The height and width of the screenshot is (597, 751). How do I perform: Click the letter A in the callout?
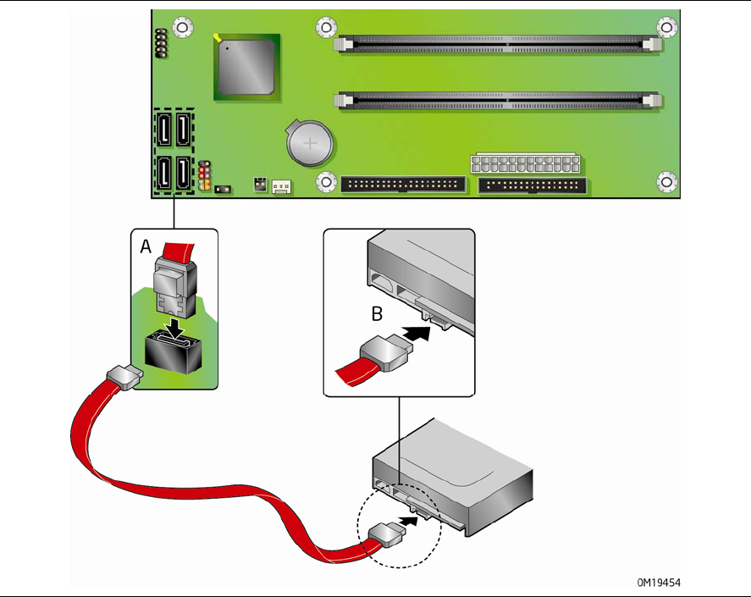[146, 246]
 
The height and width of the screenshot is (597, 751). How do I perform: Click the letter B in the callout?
[377, 314]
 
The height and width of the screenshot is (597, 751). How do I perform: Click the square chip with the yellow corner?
[245, 64]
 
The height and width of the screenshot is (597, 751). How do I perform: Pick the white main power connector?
[526, 163]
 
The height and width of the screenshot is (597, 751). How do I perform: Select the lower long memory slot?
[498, 100]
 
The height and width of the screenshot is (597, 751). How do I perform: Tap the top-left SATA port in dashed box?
[163, 130]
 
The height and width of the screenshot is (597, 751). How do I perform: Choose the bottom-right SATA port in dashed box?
[184, 174]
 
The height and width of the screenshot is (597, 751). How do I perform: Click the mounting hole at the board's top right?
[667, 27]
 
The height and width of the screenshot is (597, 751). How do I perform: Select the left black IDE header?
[403, 185]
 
